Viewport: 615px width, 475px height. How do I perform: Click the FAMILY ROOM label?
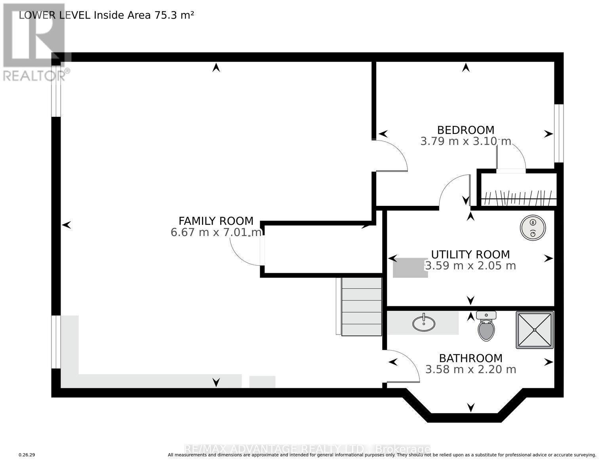[216, 221]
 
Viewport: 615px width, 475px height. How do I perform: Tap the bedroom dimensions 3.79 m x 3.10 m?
[466, 141]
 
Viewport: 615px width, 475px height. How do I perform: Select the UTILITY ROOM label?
[470, 254]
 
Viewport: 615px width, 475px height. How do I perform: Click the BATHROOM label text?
[470, 358]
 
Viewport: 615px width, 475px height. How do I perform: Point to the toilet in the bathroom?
[486, 327]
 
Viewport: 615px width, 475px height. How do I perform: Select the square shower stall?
[535, 330]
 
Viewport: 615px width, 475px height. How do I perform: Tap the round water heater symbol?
[533, 228]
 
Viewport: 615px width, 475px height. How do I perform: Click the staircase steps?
[361, 306]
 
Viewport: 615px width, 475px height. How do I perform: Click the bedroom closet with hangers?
[518, 197]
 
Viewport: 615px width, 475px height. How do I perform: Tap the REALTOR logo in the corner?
[34, 42]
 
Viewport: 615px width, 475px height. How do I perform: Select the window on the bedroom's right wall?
[558, 133]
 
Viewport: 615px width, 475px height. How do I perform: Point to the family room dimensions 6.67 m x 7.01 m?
[216, 232]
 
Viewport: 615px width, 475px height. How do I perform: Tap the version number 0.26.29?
[27, 455]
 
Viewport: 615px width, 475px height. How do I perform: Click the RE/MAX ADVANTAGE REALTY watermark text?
[307, 449]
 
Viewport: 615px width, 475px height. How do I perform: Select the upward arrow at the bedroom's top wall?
[466, 68]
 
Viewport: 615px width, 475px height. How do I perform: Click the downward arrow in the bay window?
[470, 407]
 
